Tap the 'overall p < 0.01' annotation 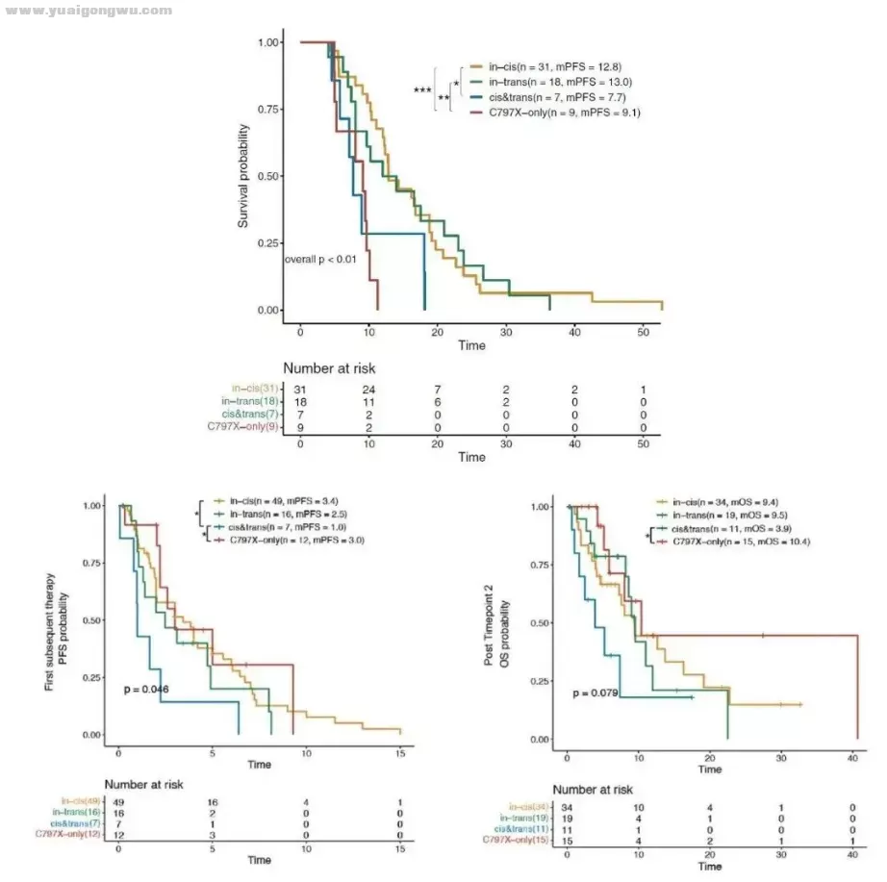320,260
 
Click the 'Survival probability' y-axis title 243,176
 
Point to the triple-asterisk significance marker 422,90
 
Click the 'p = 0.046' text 146,690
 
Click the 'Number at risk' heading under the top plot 329,367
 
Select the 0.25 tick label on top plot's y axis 268,242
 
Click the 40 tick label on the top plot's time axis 573,332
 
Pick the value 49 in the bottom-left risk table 118,799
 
